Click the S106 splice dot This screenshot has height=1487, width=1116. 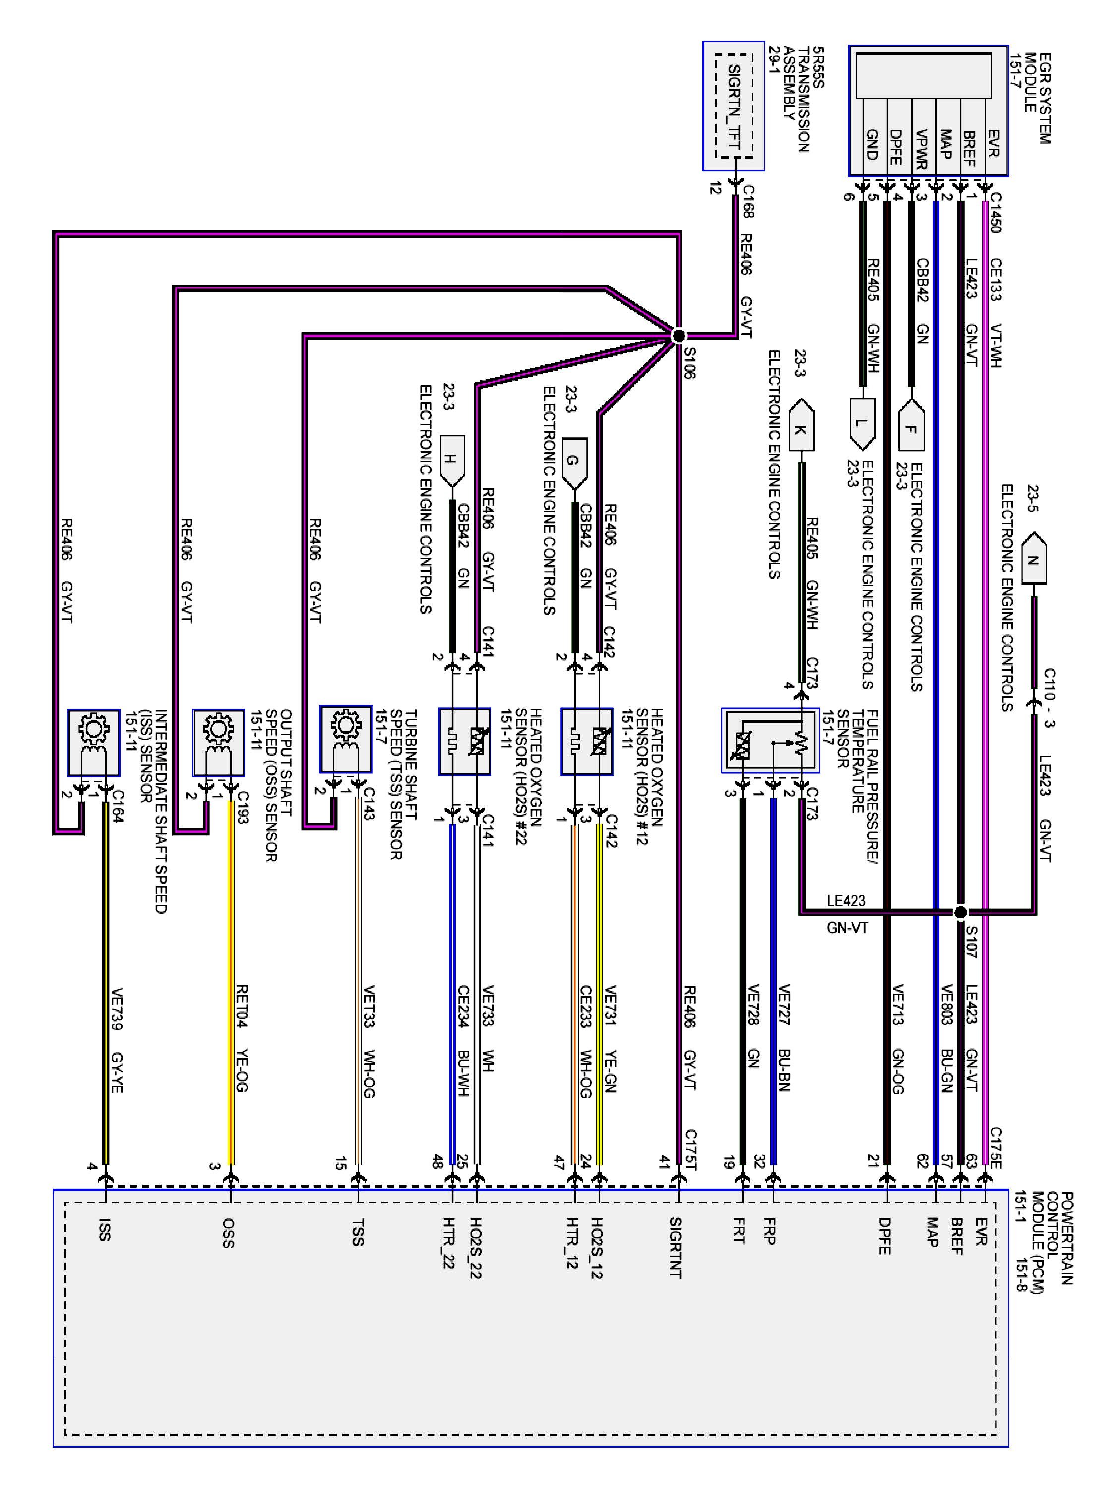click(679, 335)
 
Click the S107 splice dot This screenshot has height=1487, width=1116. click(961, 912)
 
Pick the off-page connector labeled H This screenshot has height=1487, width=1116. click(451, 460)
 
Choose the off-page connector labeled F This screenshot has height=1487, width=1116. click(911, 425)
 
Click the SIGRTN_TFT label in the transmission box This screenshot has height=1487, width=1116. click(734, 108)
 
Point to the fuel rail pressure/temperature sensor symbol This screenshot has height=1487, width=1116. click(770, 740)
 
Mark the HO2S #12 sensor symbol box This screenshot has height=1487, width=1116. click(587, 741)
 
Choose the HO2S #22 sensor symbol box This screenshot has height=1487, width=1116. click(464, 741)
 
